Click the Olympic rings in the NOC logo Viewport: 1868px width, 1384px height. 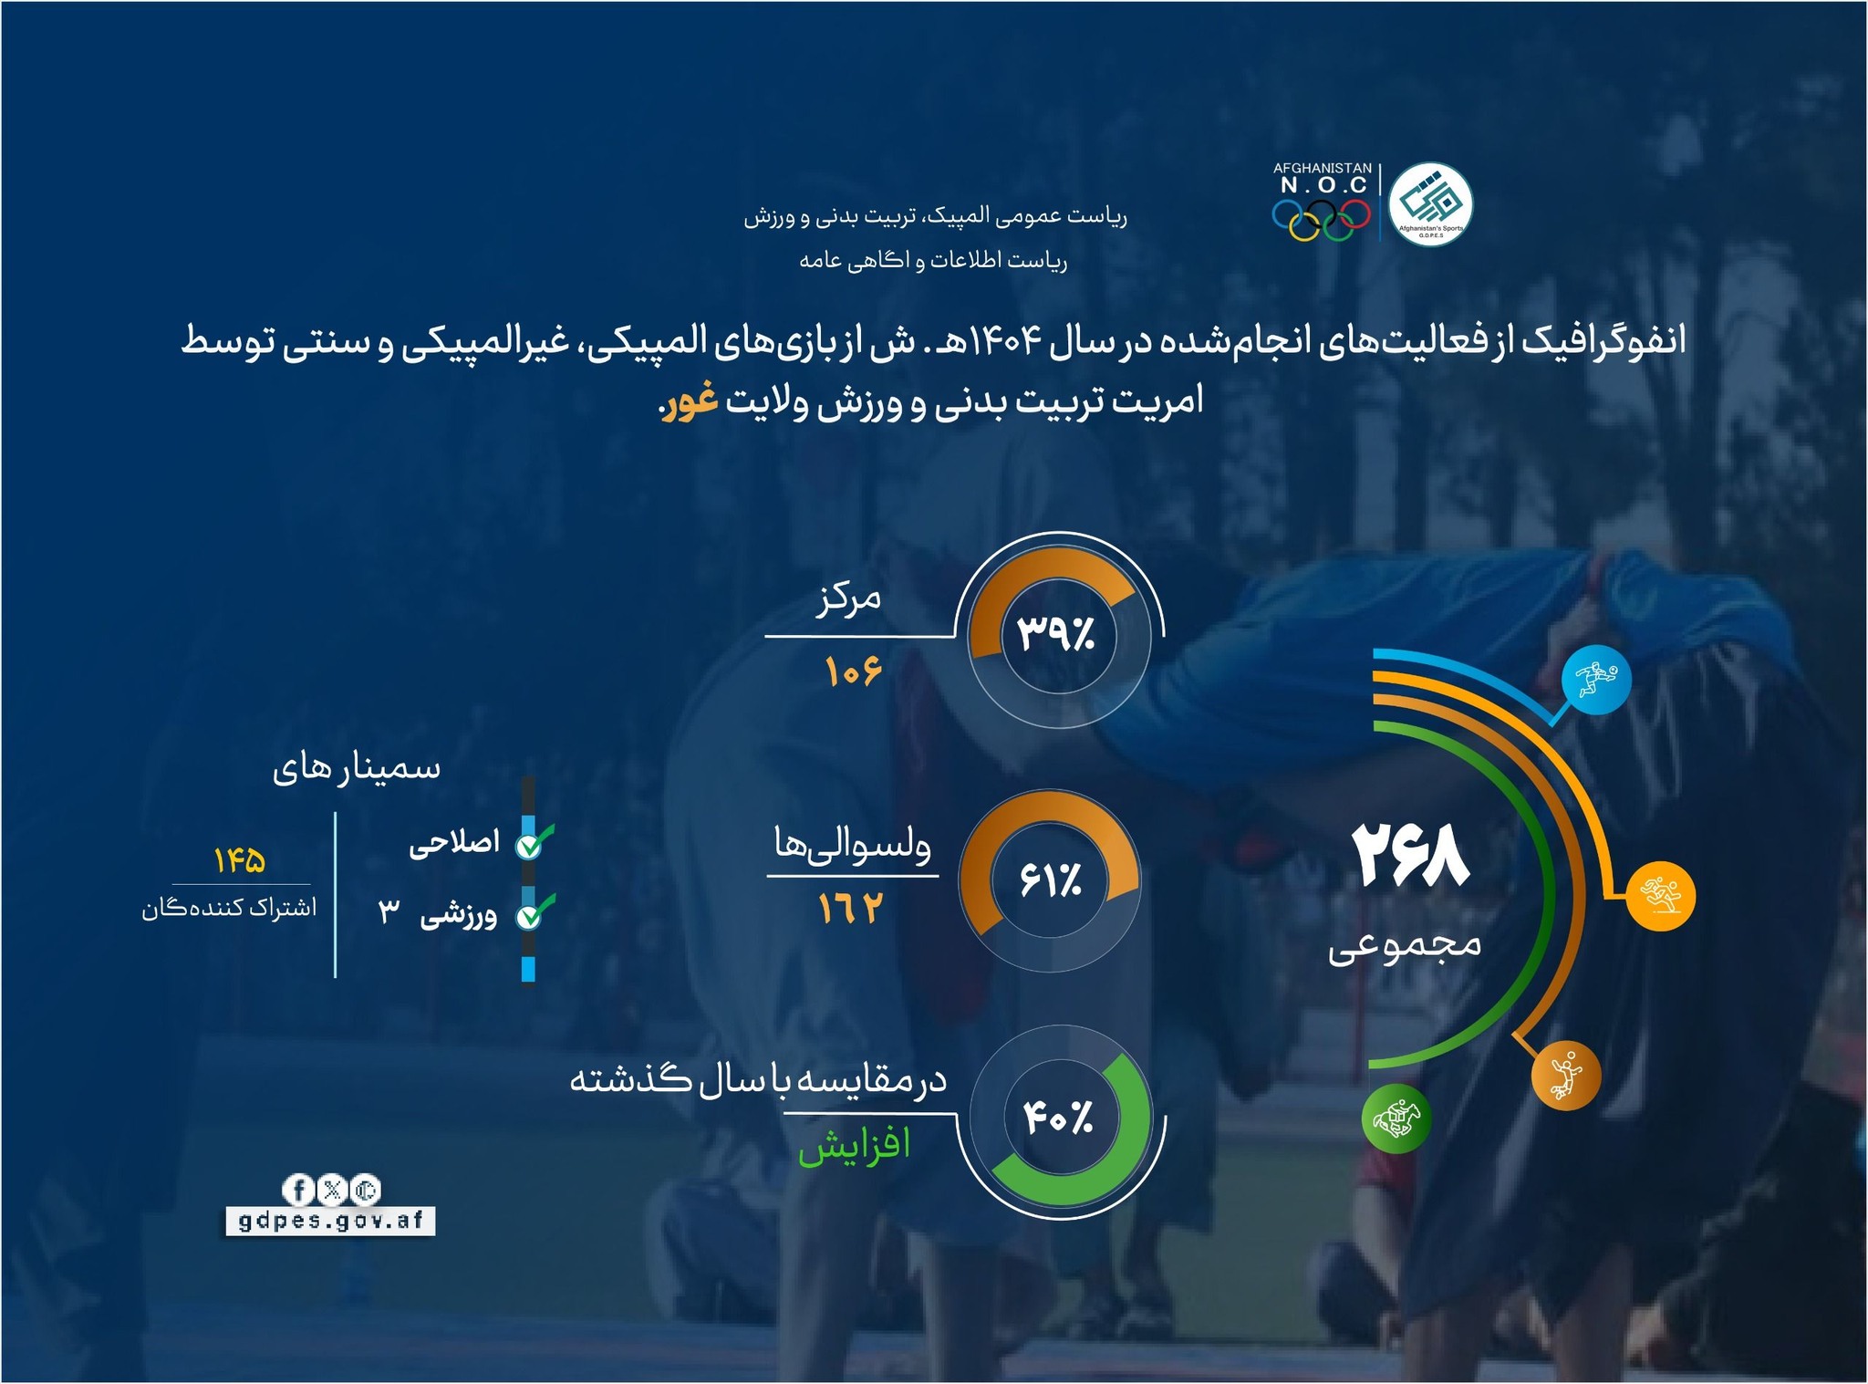[1322, 219]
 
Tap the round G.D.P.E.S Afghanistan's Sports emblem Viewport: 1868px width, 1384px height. [1430, 203]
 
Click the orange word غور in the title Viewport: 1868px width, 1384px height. [690, 401]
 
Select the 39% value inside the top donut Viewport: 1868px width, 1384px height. [1056, 633]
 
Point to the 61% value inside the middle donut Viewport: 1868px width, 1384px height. [1051, 881]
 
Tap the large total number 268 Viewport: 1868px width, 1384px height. [1409, 856]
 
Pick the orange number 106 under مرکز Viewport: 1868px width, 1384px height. [854, 672]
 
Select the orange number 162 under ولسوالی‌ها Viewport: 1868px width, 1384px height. [851, 910]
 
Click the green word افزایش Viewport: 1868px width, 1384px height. [855, 1145]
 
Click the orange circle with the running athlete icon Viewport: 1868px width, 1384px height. [1661, 895]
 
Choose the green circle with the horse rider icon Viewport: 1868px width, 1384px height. [1396, 1119]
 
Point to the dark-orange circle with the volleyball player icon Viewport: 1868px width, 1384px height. [1566, 1076]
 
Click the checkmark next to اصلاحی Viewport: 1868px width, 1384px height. [533, 842]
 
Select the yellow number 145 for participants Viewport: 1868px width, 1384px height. [240, 860]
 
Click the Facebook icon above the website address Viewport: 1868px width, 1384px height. [298, 1190]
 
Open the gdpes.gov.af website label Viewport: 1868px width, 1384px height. [330, 1221]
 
